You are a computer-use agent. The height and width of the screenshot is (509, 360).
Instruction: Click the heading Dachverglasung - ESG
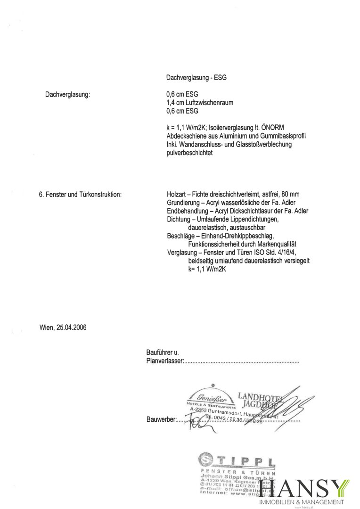tap(196, 77)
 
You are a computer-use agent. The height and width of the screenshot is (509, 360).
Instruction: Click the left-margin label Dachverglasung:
tap(67, 94)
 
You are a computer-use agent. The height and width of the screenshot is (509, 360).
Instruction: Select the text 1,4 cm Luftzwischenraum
tap(200, 103)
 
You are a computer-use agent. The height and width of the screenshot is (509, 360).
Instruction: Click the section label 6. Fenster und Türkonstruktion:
tap(80, 193)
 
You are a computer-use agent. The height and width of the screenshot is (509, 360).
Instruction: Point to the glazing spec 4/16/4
tap(298, 253)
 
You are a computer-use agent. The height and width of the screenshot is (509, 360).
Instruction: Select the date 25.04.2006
tap(72, 327)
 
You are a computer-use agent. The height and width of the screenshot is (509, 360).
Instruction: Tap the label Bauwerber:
tap(160, 419)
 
